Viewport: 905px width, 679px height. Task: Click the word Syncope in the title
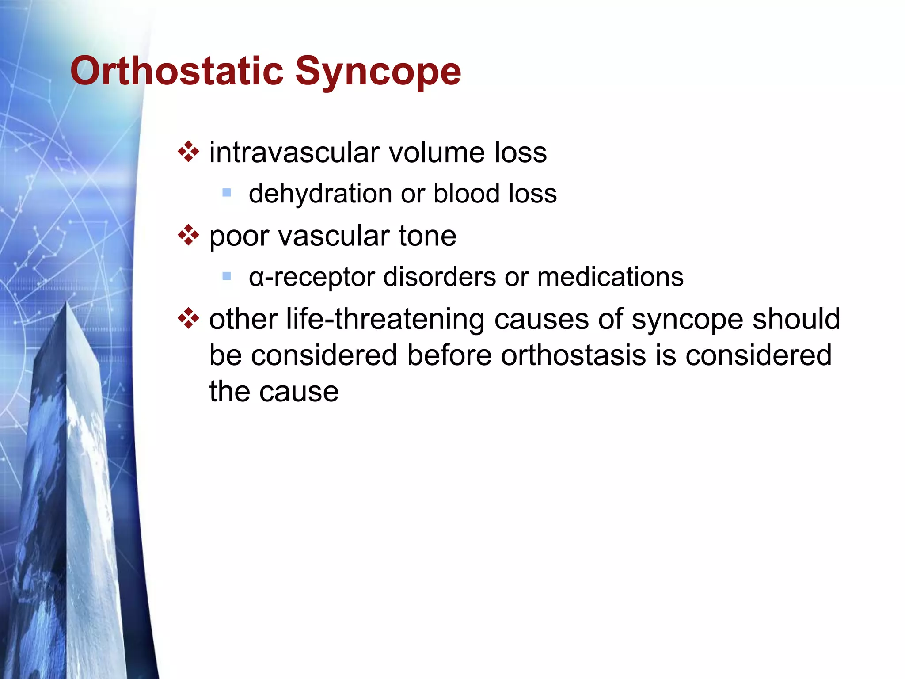coord(378,72)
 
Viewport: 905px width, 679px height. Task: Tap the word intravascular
coord(294,153)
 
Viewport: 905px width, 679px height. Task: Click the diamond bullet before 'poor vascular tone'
coord(189,235)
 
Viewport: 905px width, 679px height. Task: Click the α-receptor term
coord(312,277)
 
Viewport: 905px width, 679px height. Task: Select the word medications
coord(610,277)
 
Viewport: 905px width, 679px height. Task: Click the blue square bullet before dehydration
coord(227,193)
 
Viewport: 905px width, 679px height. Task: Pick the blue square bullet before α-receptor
coord(227,276)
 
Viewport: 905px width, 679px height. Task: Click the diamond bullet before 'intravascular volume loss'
coord(189,152)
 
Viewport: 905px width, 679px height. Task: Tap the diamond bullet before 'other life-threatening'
coord(189,319)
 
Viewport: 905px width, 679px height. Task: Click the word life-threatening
coord(385,319)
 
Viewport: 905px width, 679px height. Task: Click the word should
coord(796,319)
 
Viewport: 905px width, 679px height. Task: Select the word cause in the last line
coord(299,392)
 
